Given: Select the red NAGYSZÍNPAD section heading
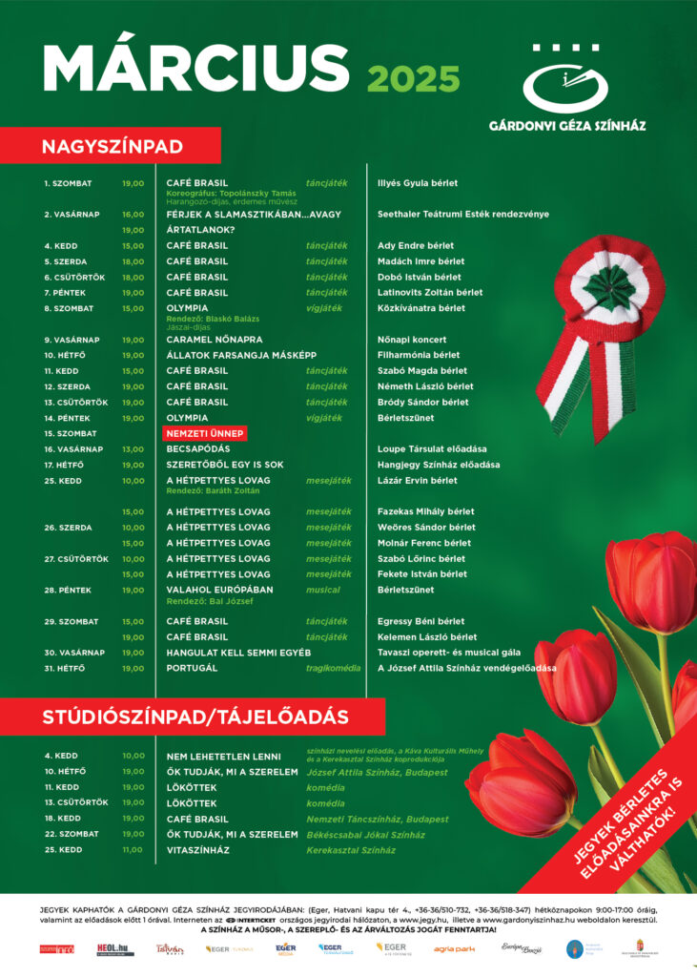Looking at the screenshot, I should (x=112, y=146).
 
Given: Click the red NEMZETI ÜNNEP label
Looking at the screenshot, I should (x=206, y=433).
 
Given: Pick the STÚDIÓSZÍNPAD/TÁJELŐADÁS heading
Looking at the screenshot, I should (x=195, y=716).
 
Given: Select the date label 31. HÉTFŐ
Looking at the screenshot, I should (x=64, y=668).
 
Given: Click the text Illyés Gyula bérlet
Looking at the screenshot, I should (x=418, y=183).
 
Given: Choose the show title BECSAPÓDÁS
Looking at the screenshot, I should (x=198, y=448).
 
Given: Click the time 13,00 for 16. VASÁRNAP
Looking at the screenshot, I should (x=133, y=448).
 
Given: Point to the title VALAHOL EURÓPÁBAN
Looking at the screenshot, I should (x=219, y=590).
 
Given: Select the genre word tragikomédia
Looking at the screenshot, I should (x=333, y=668).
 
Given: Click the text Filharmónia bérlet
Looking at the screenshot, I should (x=419, y=355).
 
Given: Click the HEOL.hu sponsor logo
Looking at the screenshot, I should (x=114, y=948).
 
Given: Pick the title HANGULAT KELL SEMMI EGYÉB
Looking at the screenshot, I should (x=238, y=653).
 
